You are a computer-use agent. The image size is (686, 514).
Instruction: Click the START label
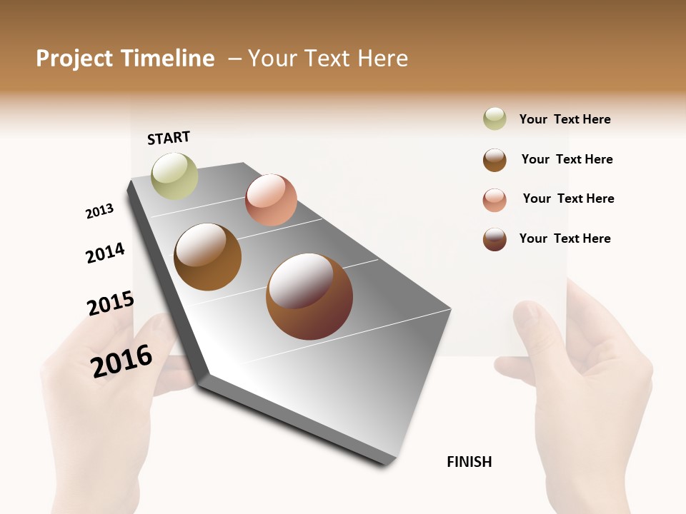169,138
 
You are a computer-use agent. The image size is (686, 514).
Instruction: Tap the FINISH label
469,462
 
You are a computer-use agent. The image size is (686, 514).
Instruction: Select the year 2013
99,211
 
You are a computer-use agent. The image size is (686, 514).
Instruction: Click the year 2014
105,253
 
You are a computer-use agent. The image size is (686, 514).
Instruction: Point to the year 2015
111,304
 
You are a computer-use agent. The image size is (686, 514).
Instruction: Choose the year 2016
121,361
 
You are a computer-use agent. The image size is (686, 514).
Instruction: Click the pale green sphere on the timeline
174,176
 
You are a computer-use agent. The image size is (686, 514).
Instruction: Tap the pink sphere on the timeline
271,200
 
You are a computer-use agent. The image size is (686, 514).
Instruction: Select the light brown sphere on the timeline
207,257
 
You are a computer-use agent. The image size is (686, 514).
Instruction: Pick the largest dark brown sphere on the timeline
309,296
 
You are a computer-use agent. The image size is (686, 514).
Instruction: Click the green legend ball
494,119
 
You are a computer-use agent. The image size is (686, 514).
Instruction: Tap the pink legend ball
494,200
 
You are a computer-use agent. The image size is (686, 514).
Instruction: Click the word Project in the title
74,59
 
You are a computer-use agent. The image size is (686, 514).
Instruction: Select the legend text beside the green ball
565,119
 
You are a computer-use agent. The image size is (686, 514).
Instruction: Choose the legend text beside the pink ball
568,198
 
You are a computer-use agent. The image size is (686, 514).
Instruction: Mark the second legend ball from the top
494,160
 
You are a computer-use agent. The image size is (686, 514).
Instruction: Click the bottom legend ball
494,239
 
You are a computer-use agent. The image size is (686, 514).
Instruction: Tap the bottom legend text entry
565,238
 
